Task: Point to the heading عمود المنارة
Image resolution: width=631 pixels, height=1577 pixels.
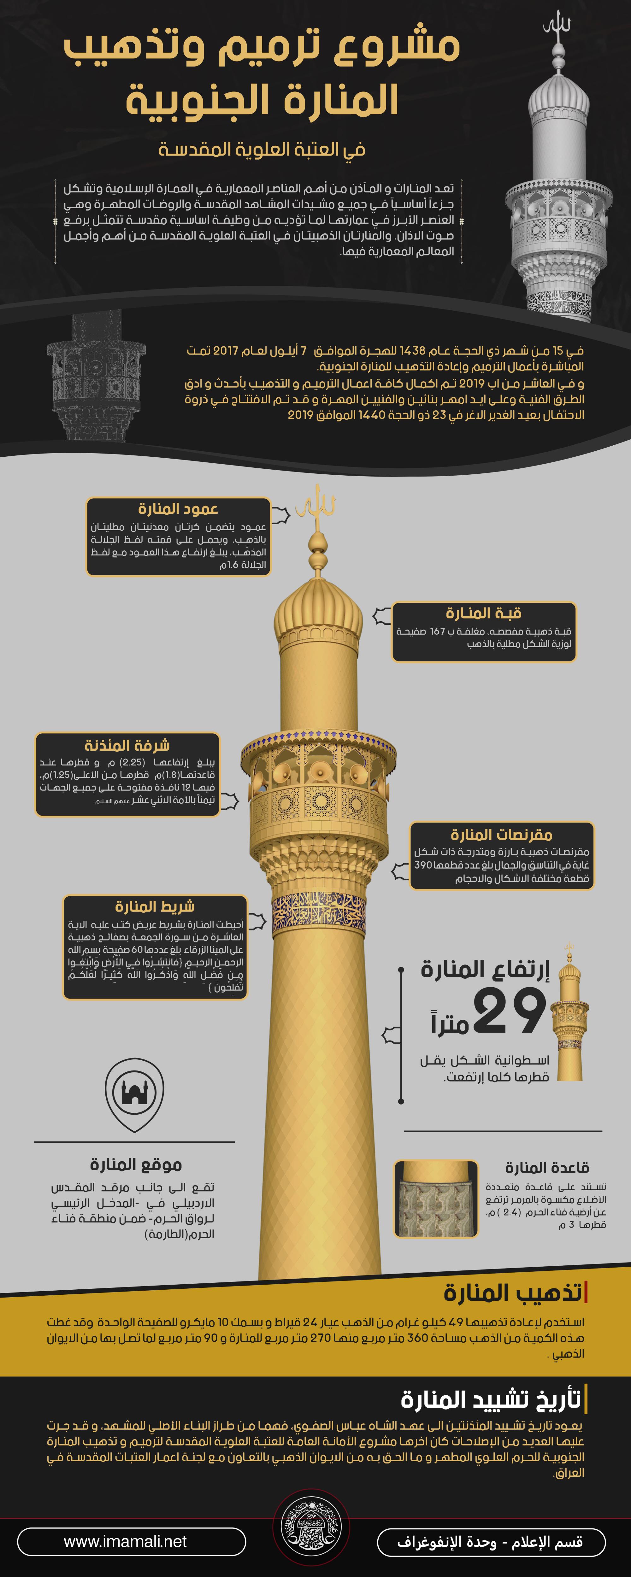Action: coord(178,509)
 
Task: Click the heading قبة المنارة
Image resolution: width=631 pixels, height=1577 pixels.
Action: coord(483,613)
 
